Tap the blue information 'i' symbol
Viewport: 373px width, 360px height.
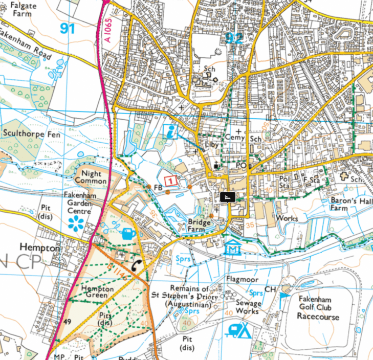tap(171, 131)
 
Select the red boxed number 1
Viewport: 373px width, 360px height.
tap(171, 181)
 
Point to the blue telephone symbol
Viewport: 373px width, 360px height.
tap(138, 265)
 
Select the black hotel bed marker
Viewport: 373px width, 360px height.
tap(227, 197)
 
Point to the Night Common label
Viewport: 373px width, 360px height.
tap(91, 177)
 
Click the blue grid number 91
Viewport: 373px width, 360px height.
tap(67, 28)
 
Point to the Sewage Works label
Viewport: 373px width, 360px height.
tap(248, 307)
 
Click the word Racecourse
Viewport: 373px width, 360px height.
tap(318, 317)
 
